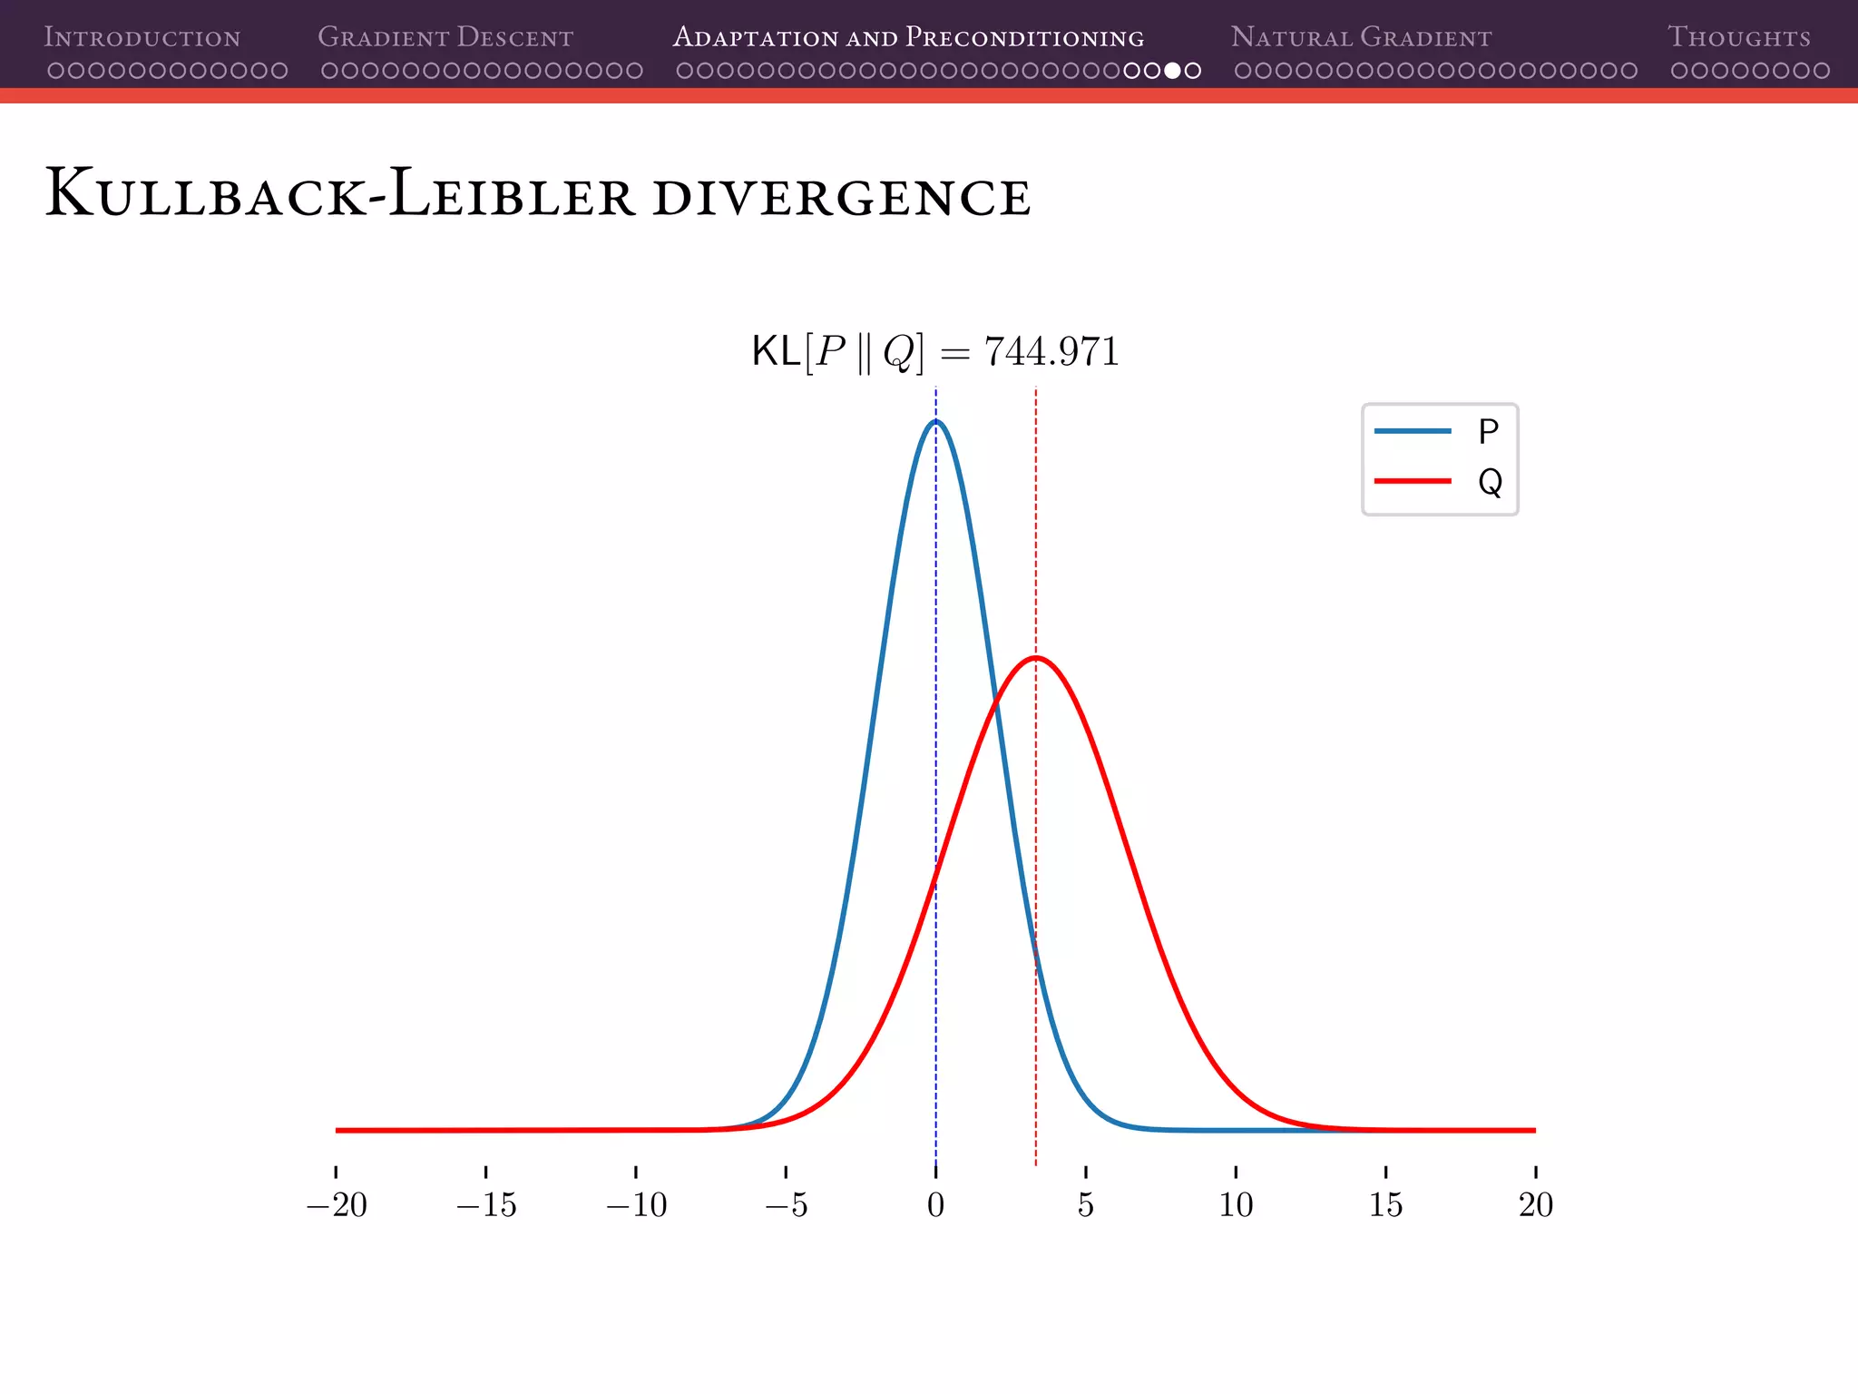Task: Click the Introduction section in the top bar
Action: [x=142, y=37]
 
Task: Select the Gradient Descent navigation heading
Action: [x=445, y=37]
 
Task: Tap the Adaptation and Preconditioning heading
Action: [x=908, y=37]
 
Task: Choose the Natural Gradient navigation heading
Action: [x=1361, y=37]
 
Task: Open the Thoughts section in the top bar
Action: [x=1738, y=37]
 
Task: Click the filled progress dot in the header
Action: [x=1172, y=71]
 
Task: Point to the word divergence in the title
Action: [x=841, y=197]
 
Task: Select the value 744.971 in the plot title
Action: [x=1051, y=351]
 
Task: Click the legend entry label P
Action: [x=1488, y=431]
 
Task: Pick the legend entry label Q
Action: [x=1490, y=482]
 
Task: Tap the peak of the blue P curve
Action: [x=936, y=421]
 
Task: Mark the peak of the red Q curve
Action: [x=1036, y=657]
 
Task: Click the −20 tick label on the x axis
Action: [x=337, y=1205]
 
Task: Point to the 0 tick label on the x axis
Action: [x=936, y=1205]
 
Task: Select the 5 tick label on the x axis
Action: [x=1086, y=1205]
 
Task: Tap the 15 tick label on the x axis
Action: [x=1385, y=1205]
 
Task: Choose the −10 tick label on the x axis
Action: [x=636, y=1205]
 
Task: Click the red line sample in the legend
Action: [x=1413, y=481]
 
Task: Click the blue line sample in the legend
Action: [x=1413, y=431]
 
